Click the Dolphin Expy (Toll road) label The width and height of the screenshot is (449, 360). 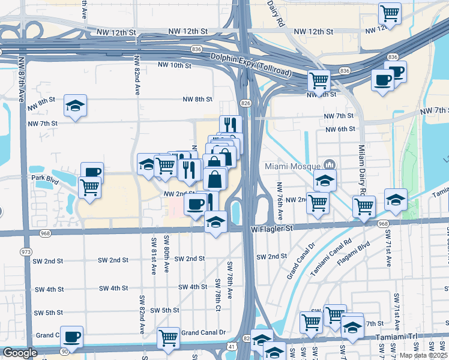[x=251, y=65]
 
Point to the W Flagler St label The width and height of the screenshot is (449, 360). [x=271, y=229]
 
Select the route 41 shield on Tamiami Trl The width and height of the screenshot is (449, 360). [x=231, y=346]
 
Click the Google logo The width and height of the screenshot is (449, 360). [x=20, y=353]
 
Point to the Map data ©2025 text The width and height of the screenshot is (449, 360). [x=424, y=355]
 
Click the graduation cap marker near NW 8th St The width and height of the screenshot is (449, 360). [x=76, y=106]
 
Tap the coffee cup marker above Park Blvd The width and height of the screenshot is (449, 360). [x=92, y=173]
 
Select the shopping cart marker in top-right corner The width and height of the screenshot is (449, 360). [x=390, y=13]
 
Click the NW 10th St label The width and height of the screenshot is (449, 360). [x=174, y=65]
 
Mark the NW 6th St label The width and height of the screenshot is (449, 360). [x=340, y=129]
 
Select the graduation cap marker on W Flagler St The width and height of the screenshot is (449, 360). [x=215, y=222]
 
